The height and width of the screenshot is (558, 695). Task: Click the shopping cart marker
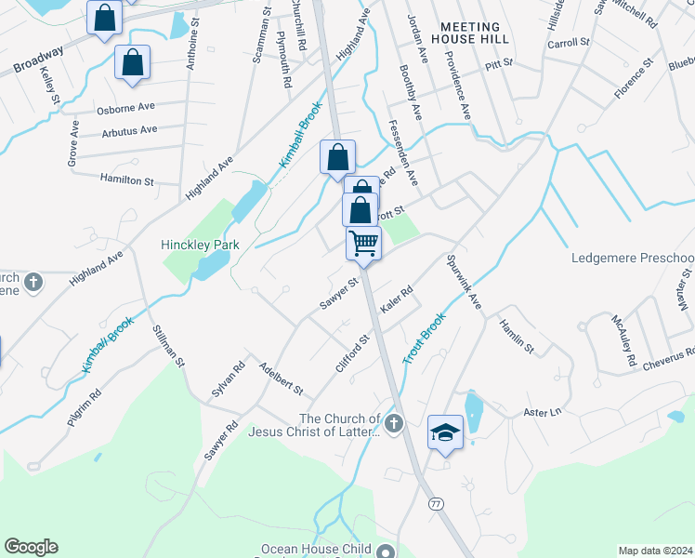tap(364, 244)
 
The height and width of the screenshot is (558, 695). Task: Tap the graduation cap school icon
tap(446, 432)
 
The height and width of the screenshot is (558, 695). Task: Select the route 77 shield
tap(435, 503)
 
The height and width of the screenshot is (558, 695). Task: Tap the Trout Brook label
tap(426, 338)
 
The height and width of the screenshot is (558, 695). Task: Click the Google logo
tap(31, 547)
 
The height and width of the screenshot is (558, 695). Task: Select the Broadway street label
tap(38, 61)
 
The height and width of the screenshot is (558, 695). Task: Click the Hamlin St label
tap(516, 337)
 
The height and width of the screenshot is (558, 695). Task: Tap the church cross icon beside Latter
tap(394, 425)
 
